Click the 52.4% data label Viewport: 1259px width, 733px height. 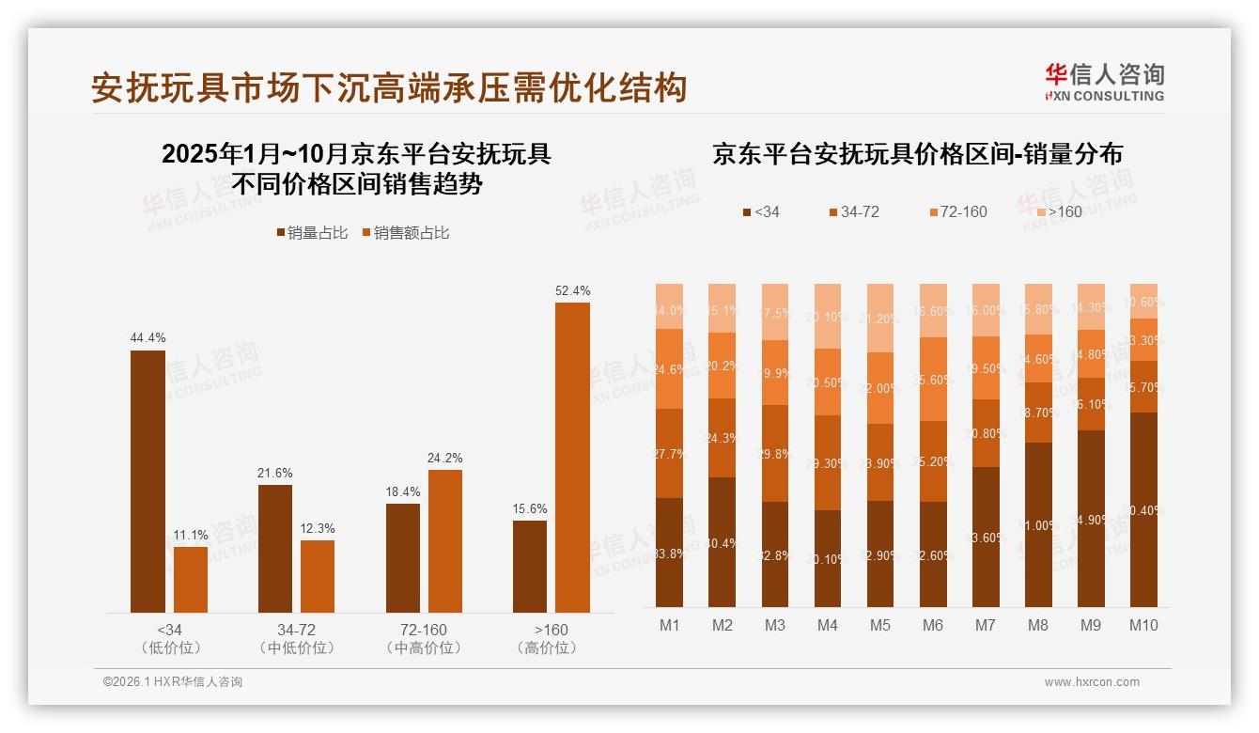tap(572, 290)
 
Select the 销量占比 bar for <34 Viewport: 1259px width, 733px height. tap(148, 481)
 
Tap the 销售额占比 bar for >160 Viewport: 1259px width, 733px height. tap(572, 457)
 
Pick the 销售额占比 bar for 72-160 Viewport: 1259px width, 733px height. tap(445, 540)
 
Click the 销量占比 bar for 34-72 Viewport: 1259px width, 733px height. tap(275, 548)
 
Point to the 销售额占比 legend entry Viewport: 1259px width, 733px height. tap(405, 233)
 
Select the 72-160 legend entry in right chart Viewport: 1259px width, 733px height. tap(957, 211)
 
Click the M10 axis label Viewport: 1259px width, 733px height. tap(1144, 625)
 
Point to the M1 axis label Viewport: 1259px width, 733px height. tap(670, 625)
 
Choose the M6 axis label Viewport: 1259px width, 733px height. tap(933, 625)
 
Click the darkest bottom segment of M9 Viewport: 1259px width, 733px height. tap(1091, 518)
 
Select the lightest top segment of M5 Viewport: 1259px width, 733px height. tap(880, 318)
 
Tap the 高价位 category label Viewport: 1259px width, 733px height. tap(547, 647)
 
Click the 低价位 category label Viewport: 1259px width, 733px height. tap(170, 647)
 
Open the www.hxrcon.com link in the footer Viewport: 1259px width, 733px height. tap(1092, 682)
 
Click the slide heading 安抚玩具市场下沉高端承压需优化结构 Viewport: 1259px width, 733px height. tap(389, 87)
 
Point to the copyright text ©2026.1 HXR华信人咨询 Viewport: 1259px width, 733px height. tap(172, 682)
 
